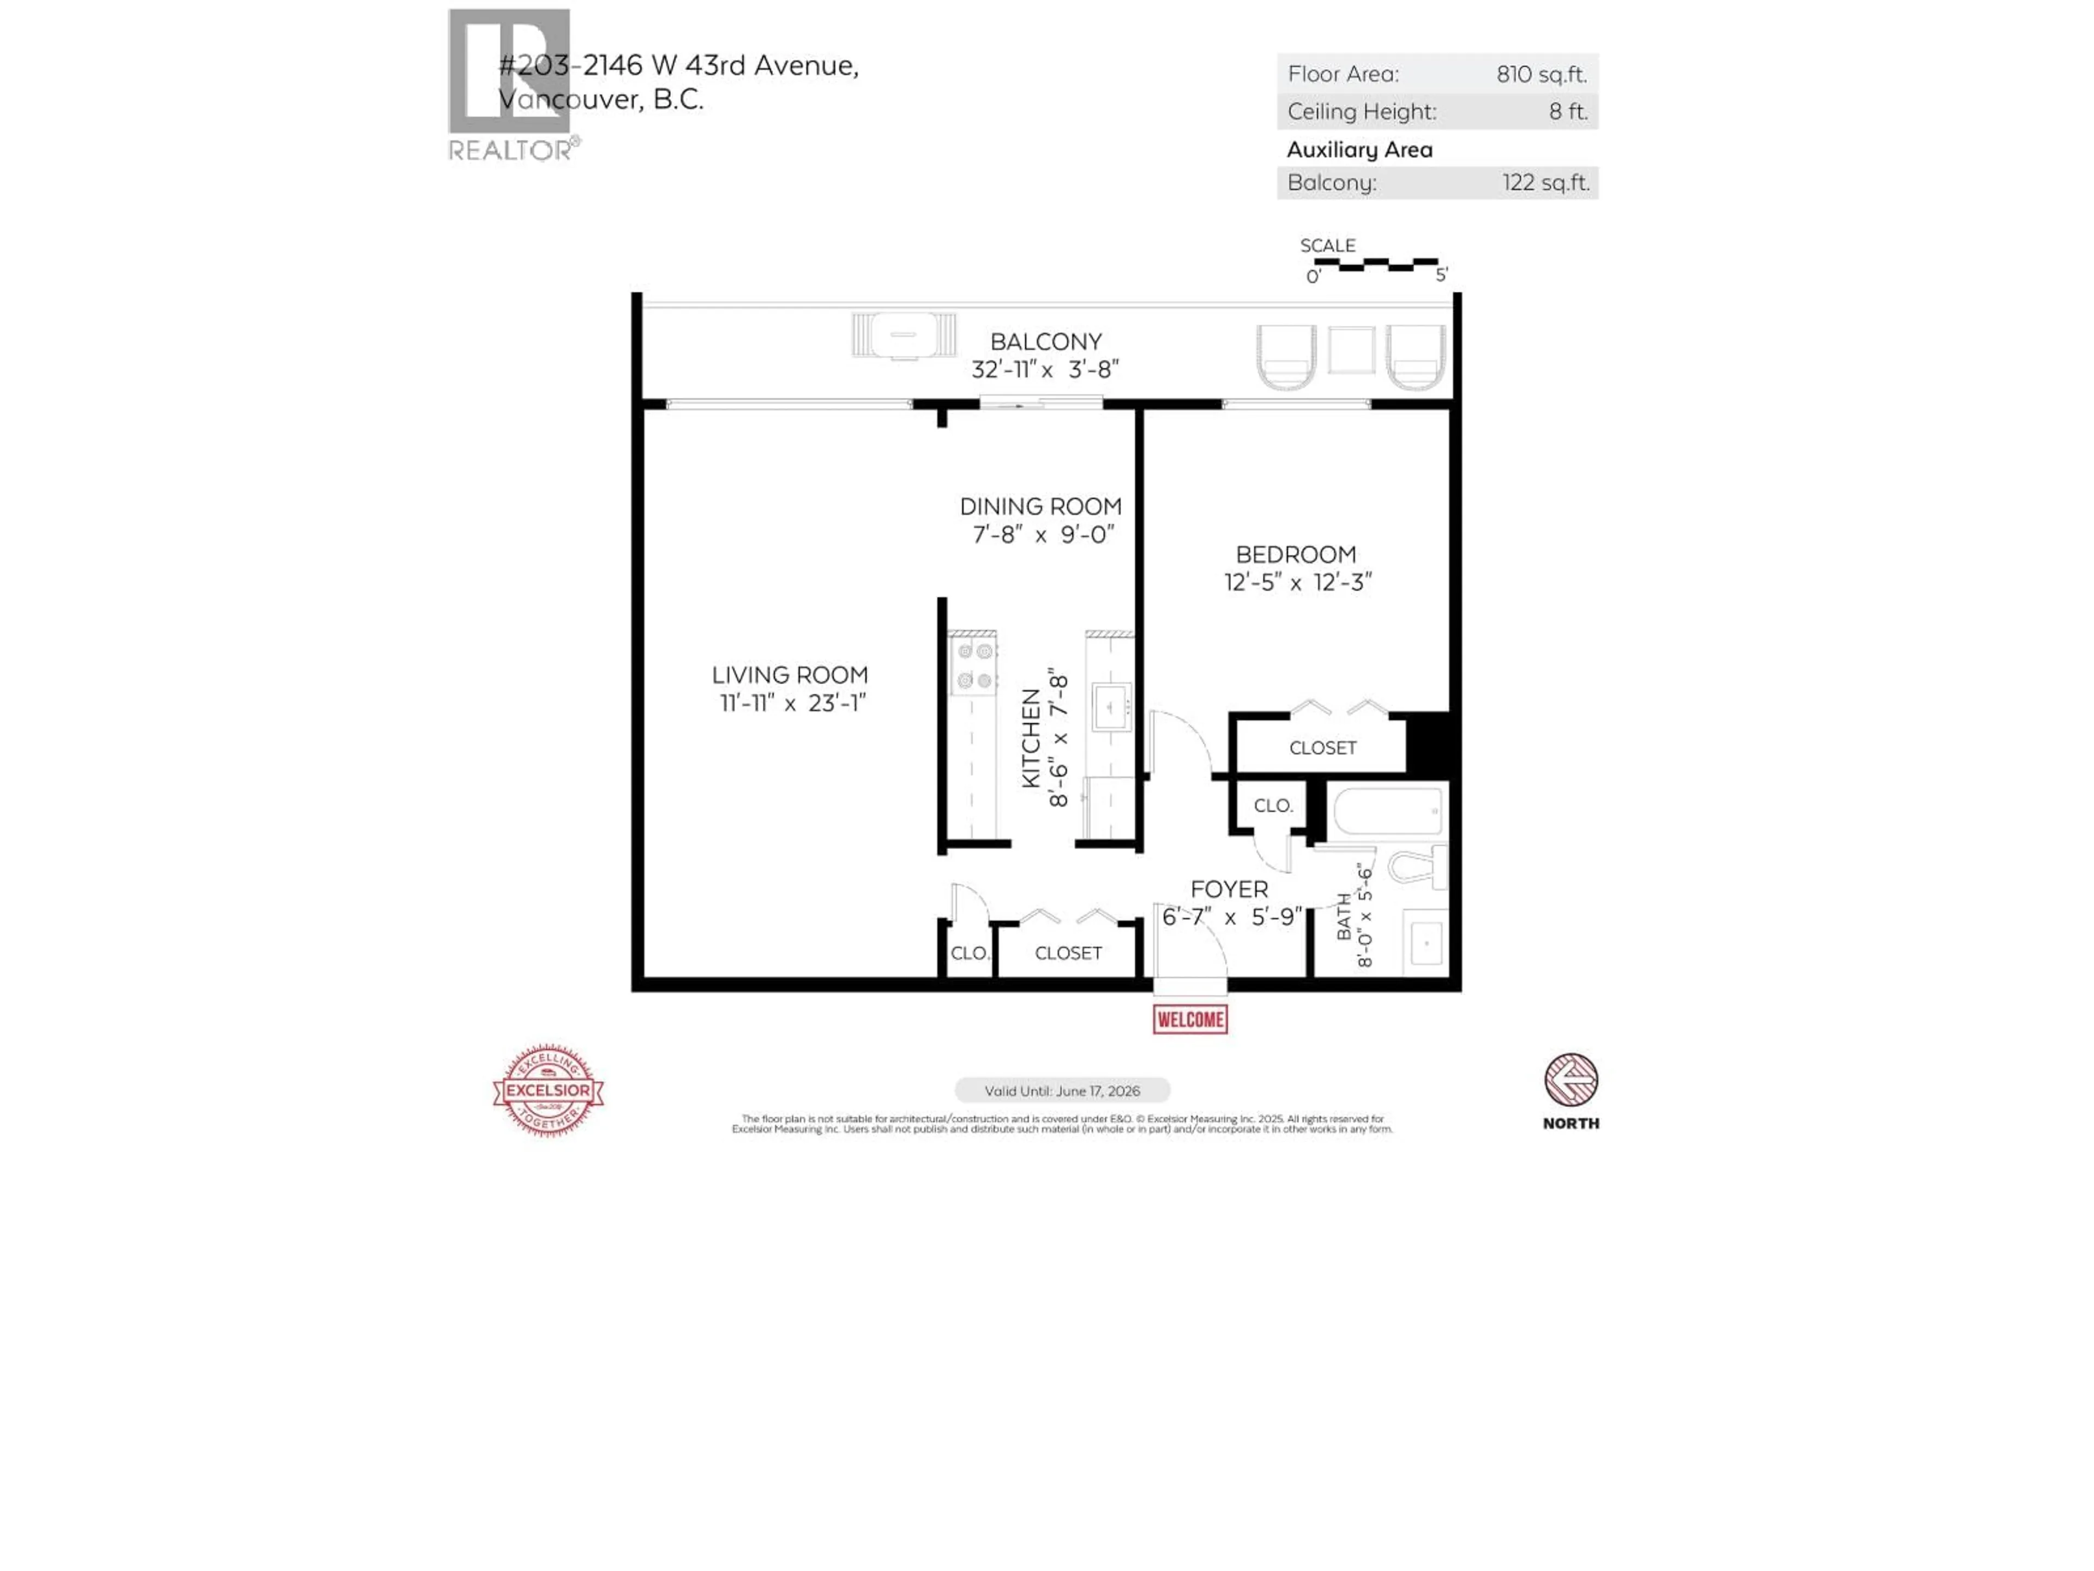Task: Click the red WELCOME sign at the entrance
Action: pyautogui.click(x=1190, y=1020)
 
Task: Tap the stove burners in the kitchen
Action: pyautogui.click(x=974, y=665)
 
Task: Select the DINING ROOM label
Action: pyautogui.click(x=1040, y=507)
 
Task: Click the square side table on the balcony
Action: pyautogui.click(x=1351, y=350)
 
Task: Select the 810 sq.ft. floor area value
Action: pyautogui.click(x=1540, y=74)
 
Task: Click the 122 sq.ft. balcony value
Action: pyautogui.click(x=1545, y=183)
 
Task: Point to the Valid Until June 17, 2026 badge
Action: pyautogui.click(x=1062, y=1091)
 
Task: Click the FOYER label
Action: pyautogui.click(x=1229, y=889)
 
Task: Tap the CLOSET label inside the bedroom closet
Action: pyautogui.click(x=1322, y=748)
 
